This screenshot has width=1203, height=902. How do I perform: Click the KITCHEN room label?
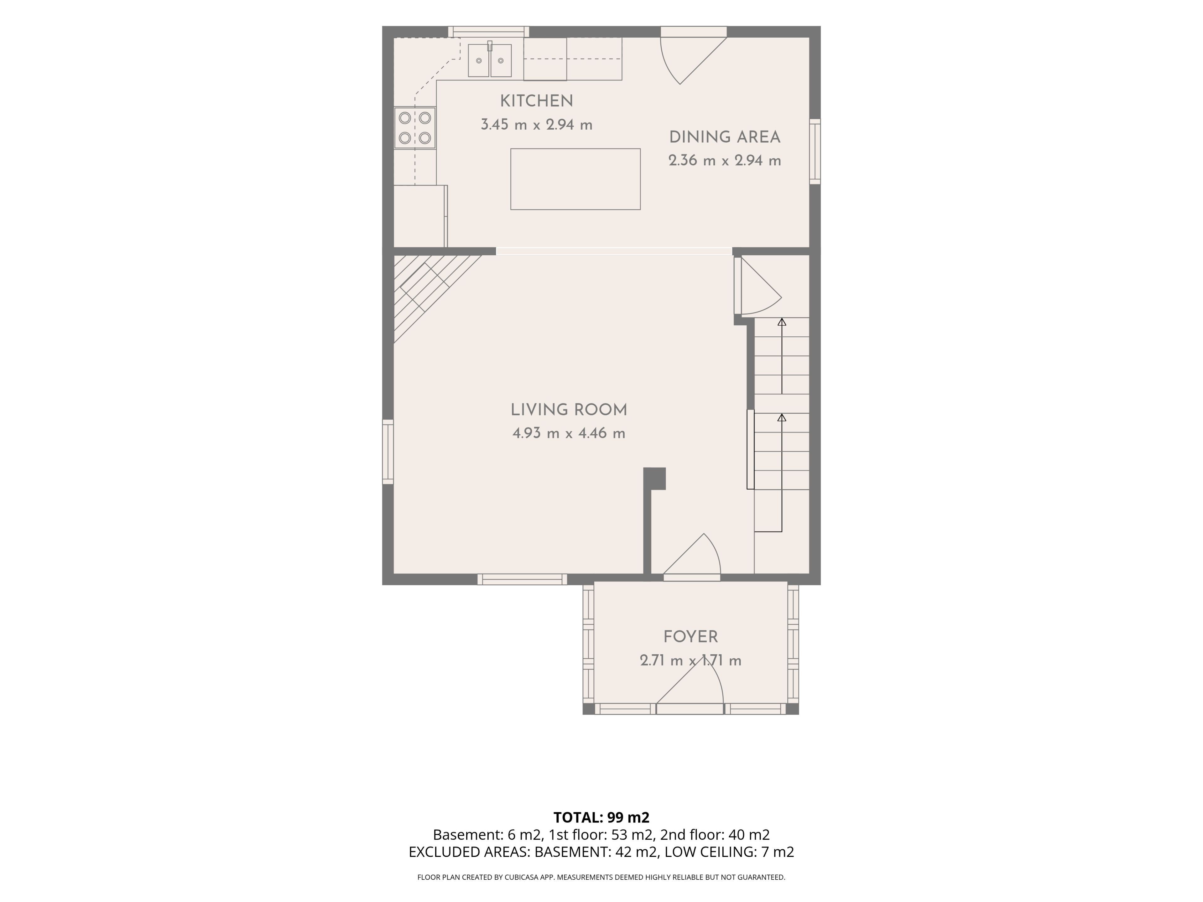coord(536,101)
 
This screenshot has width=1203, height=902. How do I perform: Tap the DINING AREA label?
coord(724,137)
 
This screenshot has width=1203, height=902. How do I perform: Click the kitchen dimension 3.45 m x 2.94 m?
coord(536,125)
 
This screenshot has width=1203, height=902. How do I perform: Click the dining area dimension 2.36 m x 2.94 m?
coord(724,161)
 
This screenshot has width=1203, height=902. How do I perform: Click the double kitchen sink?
coord(489,60)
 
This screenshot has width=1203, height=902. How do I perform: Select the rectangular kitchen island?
coord(575,179)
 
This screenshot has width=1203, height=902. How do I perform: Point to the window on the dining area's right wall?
coord(815,151)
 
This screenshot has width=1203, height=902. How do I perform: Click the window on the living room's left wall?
coord(388,451)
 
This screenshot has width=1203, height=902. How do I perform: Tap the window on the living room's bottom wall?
coord(522,580)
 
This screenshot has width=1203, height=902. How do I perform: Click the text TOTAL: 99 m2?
coord(601,817)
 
